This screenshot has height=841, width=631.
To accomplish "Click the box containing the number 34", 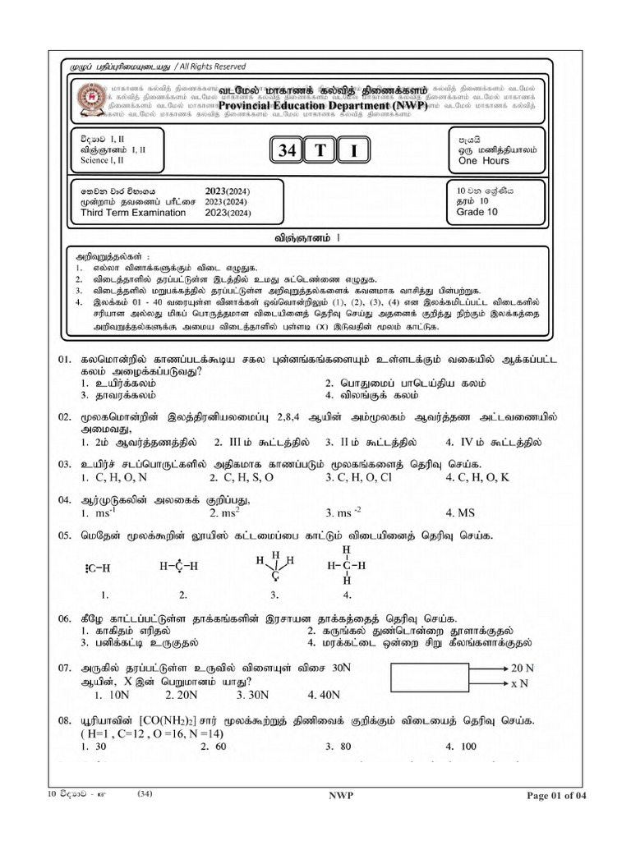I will coord(287,151).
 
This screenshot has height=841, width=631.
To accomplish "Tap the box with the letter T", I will coord(318,151).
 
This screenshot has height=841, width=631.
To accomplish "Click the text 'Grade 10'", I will coord(477,211).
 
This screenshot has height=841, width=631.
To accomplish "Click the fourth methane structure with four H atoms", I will coord(346,566).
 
